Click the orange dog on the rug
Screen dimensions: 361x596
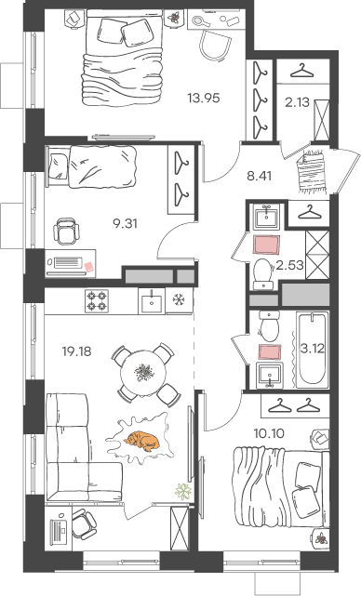pos(141,441)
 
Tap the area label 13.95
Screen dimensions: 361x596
pos(204,99)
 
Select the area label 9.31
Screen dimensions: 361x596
pos(125,224)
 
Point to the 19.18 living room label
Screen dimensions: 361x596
pos(77,351)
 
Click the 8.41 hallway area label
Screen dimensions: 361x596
pos(259,177)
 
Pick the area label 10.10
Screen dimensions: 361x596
pos(269,433)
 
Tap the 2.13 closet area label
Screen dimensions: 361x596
pos(297,102)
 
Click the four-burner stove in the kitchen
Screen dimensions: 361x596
pos(97,300)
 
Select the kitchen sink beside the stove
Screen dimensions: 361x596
pos(152,300)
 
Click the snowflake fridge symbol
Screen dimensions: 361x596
pos(178,300)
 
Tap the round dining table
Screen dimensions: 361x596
pos(143,373)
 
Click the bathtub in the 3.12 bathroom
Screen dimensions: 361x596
pos(312,350)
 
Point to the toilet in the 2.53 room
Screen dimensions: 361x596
pos(263,273)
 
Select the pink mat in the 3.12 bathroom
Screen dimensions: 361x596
pos(269,351)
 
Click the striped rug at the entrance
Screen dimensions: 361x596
pos(312,171)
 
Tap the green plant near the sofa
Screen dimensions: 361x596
pos(183,491)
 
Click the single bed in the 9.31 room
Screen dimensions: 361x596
pos(90,166)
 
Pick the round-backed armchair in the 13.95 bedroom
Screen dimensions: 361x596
pos(215,45)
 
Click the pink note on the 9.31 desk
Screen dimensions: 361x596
pos(88,267)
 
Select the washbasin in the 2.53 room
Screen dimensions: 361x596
pos(267,217)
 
